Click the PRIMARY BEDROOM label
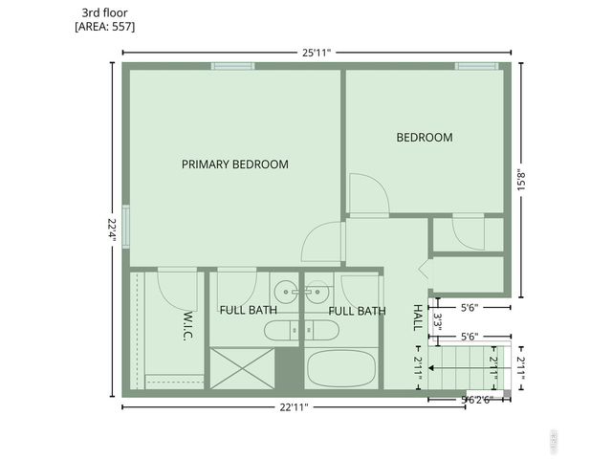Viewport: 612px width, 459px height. coord(234,164)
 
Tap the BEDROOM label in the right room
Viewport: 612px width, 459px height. coord(424,138)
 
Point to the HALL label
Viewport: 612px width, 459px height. coord(418,316)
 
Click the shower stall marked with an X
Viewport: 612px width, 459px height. coord(242,368)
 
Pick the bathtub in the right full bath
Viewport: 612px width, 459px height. coord(340,368)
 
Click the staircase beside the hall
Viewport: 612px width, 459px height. coord(464,367)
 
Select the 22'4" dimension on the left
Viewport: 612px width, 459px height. coord(112,229)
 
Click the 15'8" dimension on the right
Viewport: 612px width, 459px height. coord(520,181)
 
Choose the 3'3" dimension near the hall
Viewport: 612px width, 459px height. coord(437,320)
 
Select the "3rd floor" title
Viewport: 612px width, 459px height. coord(105,12)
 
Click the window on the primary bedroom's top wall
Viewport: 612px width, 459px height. coord(232,66)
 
